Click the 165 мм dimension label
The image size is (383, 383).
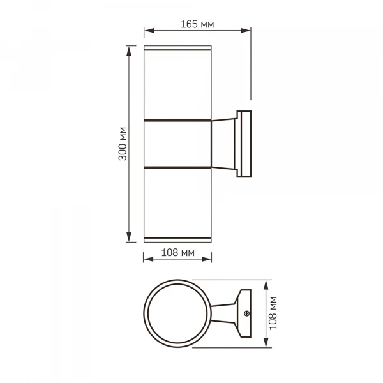click(x=197, y=24)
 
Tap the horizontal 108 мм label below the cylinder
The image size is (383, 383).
click(x=177, y=252)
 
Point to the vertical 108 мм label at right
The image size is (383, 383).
click(x=273, y=313)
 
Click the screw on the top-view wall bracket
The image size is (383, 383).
click(x=246, y=313)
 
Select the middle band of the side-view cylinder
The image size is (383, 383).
click(x=177, y=144)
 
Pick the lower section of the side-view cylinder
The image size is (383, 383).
click(x=177, y=203)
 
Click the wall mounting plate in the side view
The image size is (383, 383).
click(x=245, y=144)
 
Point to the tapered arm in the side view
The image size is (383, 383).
click(x=223, y=144)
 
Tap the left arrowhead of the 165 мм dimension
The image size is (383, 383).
click(x=147, y=30)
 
